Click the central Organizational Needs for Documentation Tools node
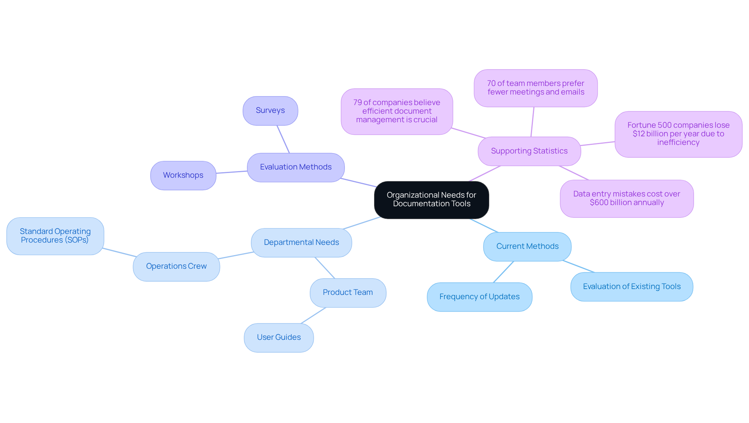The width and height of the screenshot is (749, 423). click(x=431, y=200)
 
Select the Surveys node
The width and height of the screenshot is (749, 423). click(x=270, y=111)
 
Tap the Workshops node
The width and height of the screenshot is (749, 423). click(x=183, y=175)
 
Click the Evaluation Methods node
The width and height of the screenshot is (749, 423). click(x=296, y=167)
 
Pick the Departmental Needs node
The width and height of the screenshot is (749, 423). click(x=301, y=243)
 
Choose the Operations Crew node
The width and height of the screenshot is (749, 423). click(x=176, y=266)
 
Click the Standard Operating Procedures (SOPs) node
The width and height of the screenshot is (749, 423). click(x=55, y=236)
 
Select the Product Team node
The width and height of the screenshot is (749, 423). click(x=348, y=293)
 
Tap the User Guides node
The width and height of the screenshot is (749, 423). click(x=279, y=337)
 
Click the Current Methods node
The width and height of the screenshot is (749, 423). click(x=527, y=246)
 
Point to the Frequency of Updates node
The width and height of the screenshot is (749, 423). click(x=479, y=297)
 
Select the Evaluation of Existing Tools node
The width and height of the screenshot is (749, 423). click(x=631, y=287)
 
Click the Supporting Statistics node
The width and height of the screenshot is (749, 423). click(x=529, y=151)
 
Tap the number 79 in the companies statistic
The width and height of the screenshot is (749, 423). click(x=357, y=103)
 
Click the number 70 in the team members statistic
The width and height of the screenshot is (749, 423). click(x=491, y=84)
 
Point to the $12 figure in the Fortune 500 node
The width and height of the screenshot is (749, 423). click(x=638, y=134)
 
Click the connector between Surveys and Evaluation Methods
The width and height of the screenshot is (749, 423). click(x=283, y=139)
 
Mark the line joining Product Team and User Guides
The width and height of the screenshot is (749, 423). click(x=314, y=316)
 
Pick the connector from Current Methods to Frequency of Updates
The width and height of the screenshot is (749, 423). click(x=504, y=272)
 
